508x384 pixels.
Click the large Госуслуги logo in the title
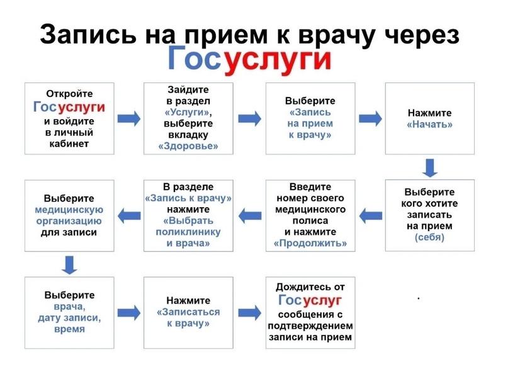coord(249,59)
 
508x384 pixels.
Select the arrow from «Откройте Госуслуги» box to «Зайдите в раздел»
coord(129,118)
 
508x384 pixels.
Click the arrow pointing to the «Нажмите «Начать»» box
coord(370,118)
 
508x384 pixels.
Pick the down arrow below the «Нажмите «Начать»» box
coord(429,167)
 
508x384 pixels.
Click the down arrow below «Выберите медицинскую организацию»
coord(70,264)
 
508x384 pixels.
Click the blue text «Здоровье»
coord(189,146)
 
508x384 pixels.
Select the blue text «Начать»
coord(430,124)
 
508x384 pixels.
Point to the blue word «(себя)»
coord(429,237)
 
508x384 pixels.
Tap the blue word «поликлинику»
coord(189,232)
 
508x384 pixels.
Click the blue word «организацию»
coord(70,221)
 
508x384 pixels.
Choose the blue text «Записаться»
coord(188,312)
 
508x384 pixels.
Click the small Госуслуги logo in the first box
coord(69,107)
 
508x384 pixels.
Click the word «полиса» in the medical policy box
coord(310,221)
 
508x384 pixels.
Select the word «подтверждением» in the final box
coord(310,325)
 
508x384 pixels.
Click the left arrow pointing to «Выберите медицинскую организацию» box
coord(130,215)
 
